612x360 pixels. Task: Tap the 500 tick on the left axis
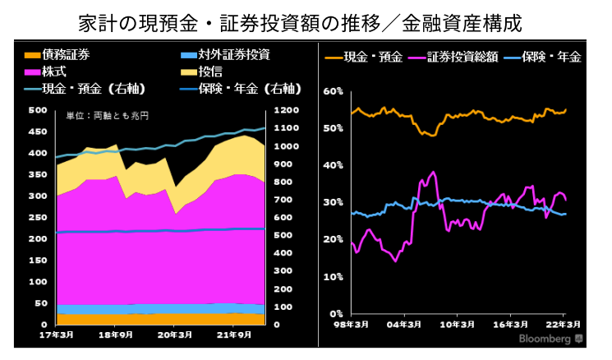pos(38,110)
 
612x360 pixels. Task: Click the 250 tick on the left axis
pos(38,218)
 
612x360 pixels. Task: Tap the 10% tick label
pos(334,277)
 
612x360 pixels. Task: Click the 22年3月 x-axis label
pos(564,324)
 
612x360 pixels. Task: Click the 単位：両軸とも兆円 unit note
pos(106,118)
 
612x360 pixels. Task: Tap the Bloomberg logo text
pos(543,339)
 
